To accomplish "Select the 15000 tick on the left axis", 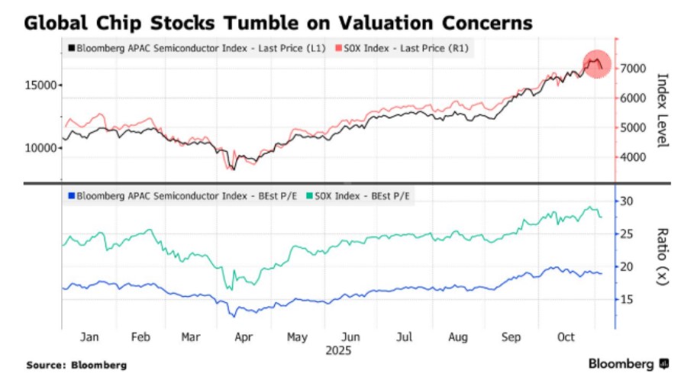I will (x=44, y=85).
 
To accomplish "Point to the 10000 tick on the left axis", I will (x=44, y=147).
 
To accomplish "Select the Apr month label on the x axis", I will (x=244, y=336).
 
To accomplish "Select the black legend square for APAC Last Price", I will (x=70, y=49).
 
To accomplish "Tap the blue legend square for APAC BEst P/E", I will (x=70, y=196).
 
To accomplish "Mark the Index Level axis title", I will (x=662, y=111).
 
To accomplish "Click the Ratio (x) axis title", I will (x=662, y=256).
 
